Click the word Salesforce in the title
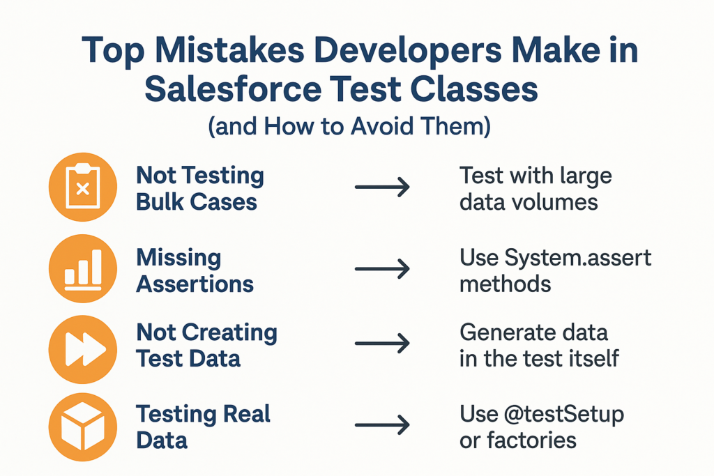tap(233, 89)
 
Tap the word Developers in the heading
tap(407, 50)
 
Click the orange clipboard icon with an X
tap(83, 187)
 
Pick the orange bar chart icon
tap(83, 268)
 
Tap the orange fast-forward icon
tap(83, 349)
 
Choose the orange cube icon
tap(83, 427)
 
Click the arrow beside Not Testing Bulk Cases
tap(382, 187)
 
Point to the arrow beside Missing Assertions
tap(382, 268)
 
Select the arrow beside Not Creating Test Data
tap(382, 343)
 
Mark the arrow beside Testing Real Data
tap(382, 425)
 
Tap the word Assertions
tap(195, 284)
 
